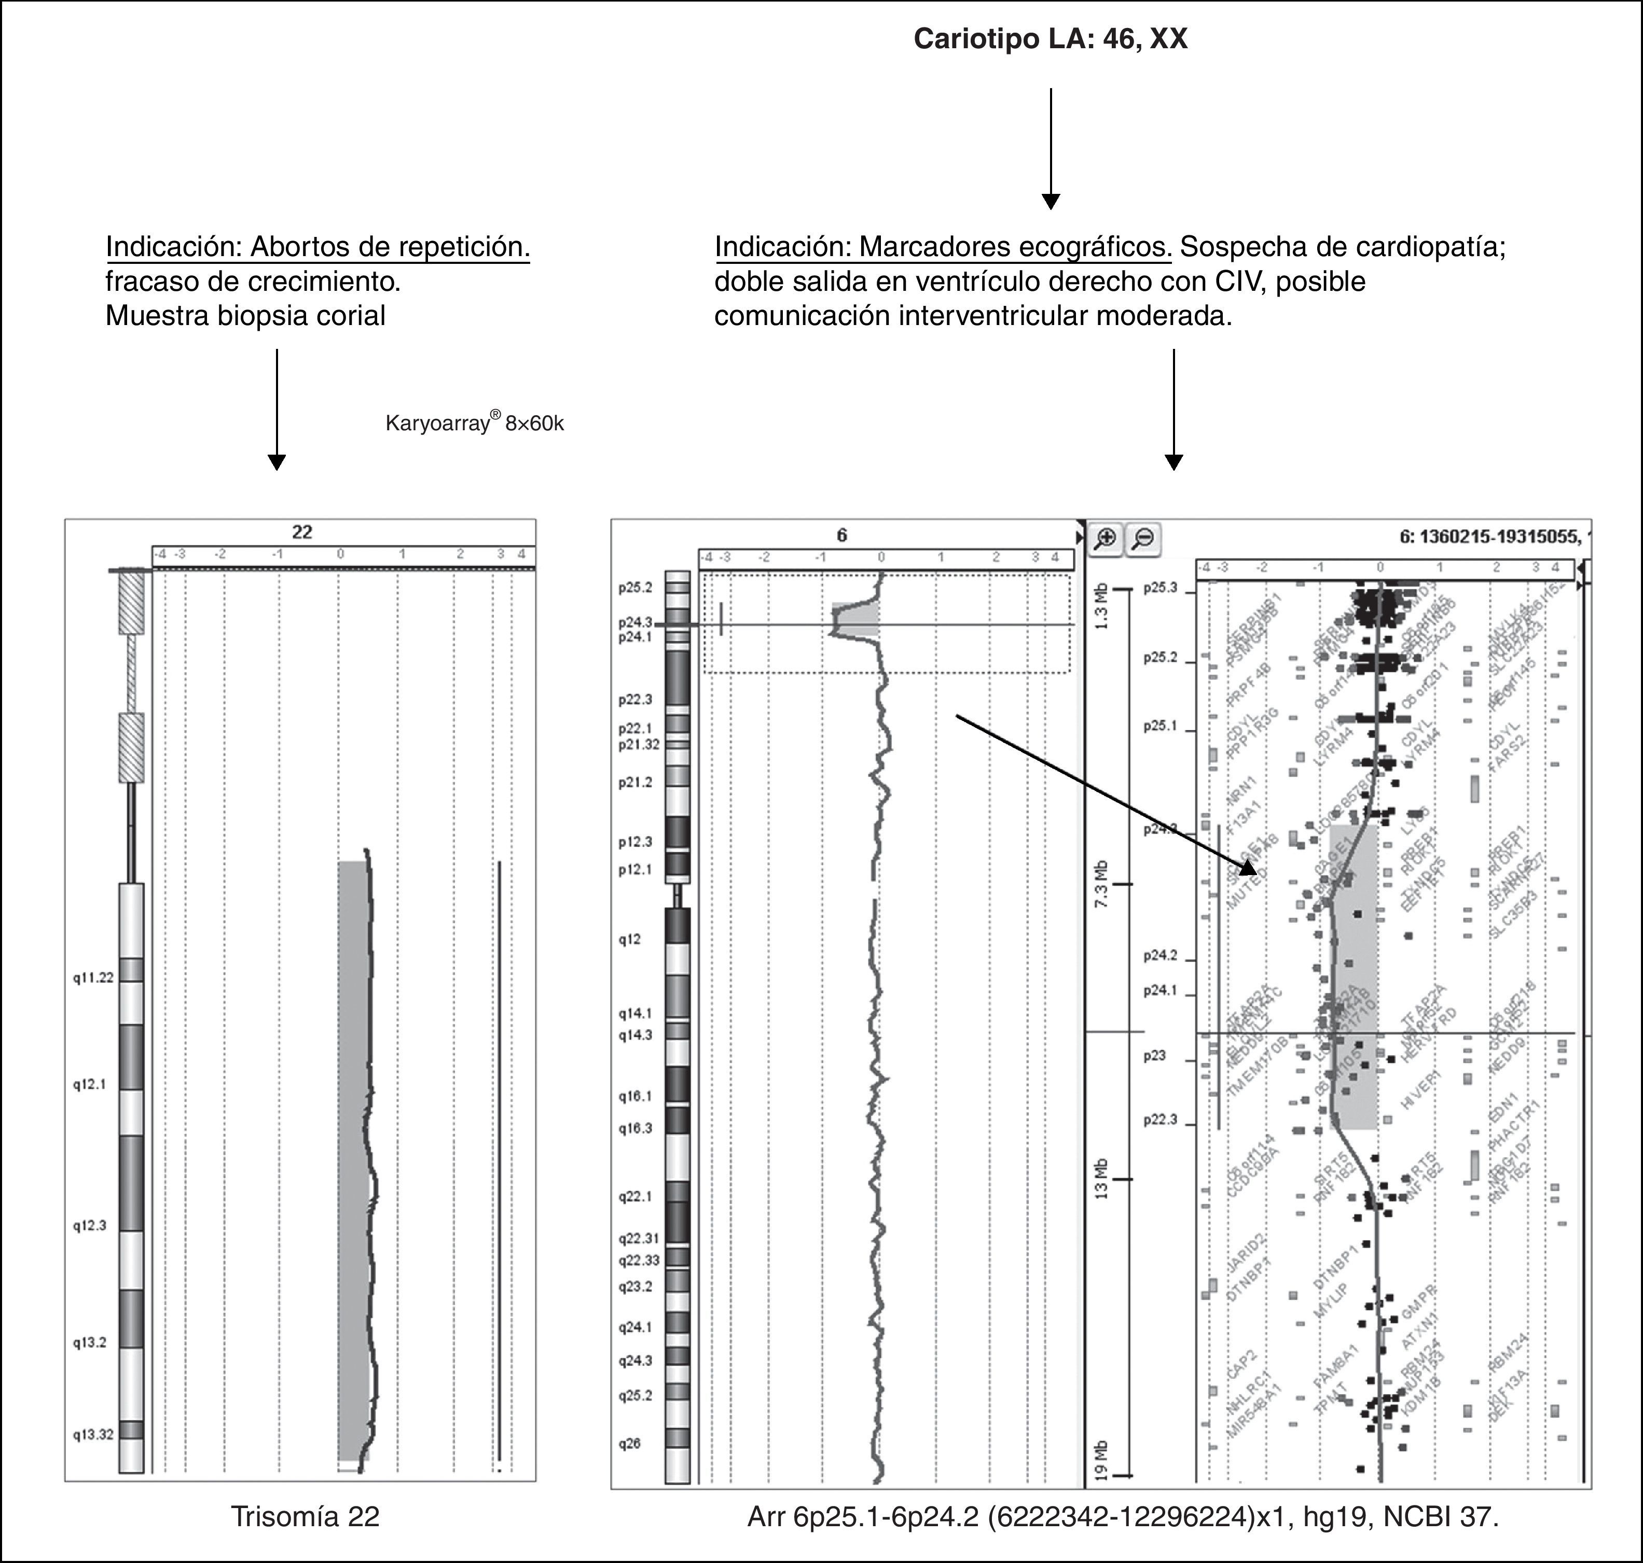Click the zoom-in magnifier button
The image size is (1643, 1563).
[1106, 538]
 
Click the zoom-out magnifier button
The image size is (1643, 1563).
[1144, 538]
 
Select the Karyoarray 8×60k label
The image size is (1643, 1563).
[474, 423]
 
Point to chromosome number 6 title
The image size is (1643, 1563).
[842, 535]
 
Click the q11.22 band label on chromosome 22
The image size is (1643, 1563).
[92, 977]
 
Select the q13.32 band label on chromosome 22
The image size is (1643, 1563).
[92, 1435]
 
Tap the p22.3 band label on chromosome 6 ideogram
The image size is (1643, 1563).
[635, 700]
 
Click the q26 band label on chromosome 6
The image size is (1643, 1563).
[629, 1444]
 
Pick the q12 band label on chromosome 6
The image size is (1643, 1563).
[629, 939]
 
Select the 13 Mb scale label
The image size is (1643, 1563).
[1102, 1179]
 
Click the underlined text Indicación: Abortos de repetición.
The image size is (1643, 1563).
[317, 247]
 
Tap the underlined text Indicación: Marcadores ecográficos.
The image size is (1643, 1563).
[943, 247]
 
